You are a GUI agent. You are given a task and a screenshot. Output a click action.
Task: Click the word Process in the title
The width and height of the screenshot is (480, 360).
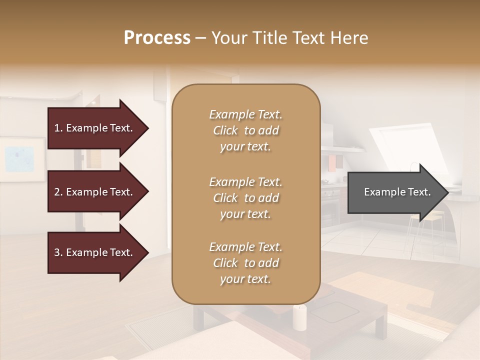[x=157, y=38]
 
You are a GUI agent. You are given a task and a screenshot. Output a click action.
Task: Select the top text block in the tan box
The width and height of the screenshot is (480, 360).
[x=245, y=130]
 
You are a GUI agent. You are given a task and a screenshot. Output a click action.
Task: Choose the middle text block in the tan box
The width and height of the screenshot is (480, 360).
[x=245, y=198]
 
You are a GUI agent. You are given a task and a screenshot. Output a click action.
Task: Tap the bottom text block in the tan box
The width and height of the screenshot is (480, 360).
[x=245, y=263]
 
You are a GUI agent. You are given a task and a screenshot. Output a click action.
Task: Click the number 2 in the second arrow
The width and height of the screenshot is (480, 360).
[x=57, y=192]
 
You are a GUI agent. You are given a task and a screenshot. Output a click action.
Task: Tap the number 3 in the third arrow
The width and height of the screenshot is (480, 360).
[x=57, y=252]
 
